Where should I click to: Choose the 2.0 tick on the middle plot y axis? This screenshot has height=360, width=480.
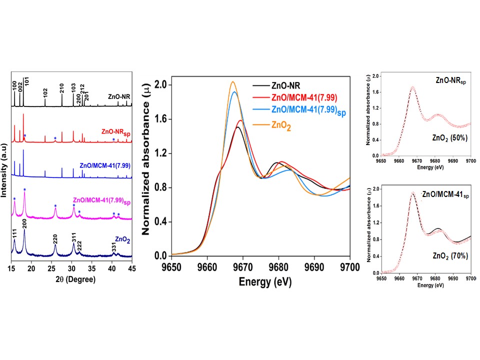click(159, 84)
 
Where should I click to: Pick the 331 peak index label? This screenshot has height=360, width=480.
click(114, 245)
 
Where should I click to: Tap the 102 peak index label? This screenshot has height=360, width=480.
click(45, 93)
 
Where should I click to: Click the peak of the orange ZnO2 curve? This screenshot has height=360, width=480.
click(233, 81)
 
